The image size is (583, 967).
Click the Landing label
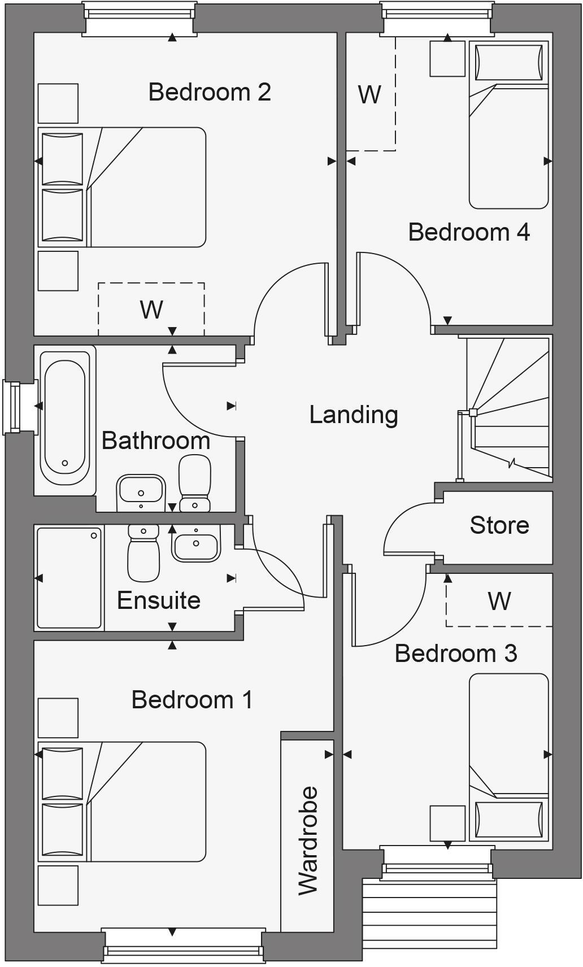[x=354, y=415]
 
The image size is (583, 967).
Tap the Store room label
[x=499, y=525]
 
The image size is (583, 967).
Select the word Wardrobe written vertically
[x=308, y=840]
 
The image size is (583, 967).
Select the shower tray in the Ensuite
[x=69, y=578]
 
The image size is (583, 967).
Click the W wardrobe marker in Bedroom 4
[x=369, y=95]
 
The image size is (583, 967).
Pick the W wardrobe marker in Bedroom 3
[x=499, y=602]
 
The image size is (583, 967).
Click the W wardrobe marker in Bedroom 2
[x=151, y=310]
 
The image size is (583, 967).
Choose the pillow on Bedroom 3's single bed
[x=510, y=820]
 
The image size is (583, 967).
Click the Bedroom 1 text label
[x=192, y=700]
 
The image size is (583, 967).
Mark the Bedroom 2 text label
[x=210, y=92]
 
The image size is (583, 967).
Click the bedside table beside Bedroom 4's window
[x=447, y=59]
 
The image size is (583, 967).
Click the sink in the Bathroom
[x=140, y=493]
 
